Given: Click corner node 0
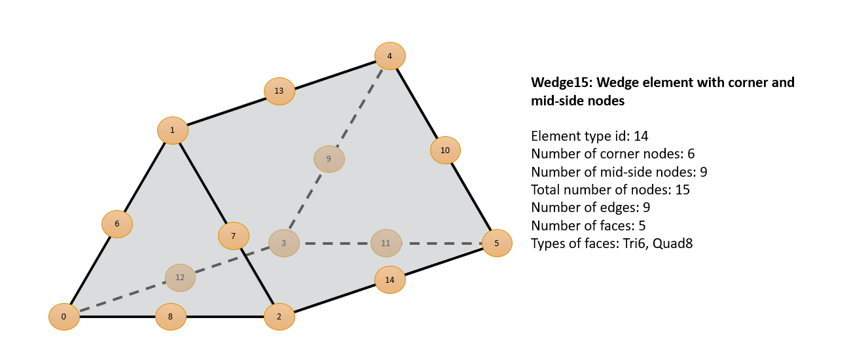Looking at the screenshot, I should coord(63,317).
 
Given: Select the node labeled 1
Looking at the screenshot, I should coord(172,130).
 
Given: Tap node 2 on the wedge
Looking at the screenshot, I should coord(279,317).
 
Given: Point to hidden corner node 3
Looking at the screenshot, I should coord(283,243).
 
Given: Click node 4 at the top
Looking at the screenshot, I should coord(389,56).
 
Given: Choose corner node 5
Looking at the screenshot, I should coord(496,243).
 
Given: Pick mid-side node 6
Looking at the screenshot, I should coord(117,224).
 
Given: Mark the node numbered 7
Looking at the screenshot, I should coord(233,236).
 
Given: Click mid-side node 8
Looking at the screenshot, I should coord(170,317).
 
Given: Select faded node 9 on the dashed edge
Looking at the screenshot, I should coord(329,158).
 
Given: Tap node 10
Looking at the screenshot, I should coord(445,150).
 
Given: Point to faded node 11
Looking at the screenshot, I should coord(386,243).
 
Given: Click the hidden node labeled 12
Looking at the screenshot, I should coord(180,277).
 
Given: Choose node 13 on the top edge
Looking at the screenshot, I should coord(279,90).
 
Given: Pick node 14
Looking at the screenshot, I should coord(389,279).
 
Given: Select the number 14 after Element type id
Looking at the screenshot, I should coord(641,136).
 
